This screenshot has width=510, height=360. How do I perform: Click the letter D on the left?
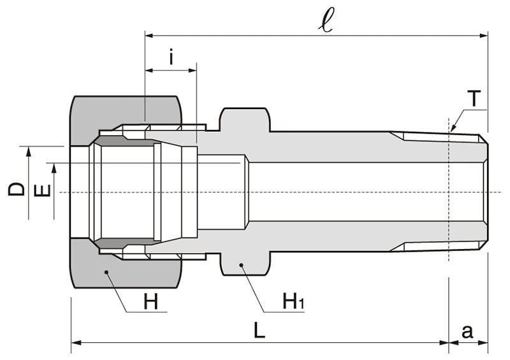pos(17,189)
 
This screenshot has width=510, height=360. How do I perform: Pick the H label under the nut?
pos(150,303)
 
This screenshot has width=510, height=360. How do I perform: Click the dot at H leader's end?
pos(106,272)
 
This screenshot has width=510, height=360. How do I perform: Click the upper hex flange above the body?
pos(245,119)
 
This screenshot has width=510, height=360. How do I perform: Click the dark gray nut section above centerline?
pos(127,110)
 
